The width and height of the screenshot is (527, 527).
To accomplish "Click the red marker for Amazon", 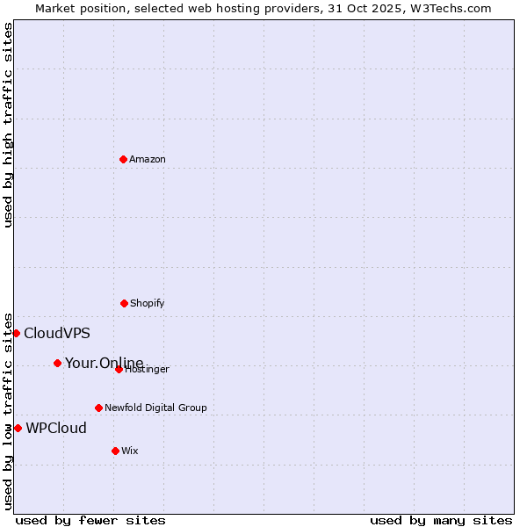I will (x=123, y=159).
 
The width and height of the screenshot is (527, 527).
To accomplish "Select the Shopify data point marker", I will (x=124, y=303).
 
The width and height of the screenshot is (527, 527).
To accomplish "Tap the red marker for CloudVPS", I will (x=16, y=333).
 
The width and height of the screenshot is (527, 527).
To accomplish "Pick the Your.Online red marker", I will (x=57, y=363).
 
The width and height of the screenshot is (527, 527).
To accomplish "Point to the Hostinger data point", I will (x=119, y=369).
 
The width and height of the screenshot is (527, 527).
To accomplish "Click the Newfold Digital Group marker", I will (x=98, y=408).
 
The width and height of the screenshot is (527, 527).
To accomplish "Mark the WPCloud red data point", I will (x=18, y=428).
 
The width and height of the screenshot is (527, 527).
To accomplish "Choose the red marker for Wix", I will (x=115, y=451).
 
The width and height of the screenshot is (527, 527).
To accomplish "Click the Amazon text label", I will (x=148, y=159).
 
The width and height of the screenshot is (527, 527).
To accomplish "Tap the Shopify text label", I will (x=148, y=303).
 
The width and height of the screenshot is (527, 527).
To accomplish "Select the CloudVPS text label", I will (x=57, y=333).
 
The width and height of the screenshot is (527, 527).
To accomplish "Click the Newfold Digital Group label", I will (x=155, y=408).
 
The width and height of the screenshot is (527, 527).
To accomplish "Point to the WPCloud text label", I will (x=56, y=428).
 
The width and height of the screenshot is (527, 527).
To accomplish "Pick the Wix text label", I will (x=130, y=451).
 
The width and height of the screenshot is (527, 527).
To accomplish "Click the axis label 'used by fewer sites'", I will (x=90, y=520).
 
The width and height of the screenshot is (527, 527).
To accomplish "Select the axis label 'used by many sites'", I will (x=441, y=520).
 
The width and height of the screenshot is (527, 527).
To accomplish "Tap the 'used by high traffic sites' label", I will (x=9, y=125).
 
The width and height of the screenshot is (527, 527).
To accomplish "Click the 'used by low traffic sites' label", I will (x=9, y=410).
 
